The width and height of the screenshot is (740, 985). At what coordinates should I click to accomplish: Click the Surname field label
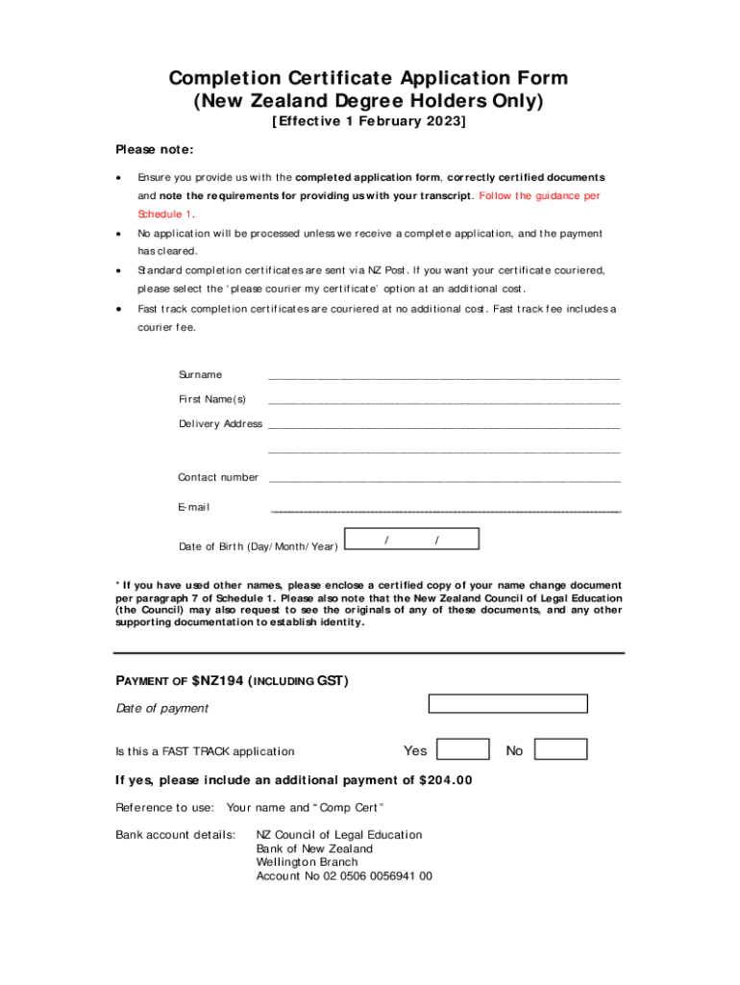pyautogui.click(x=200, y=374)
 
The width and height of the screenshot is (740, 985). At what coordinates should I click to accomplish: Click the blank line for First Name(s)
pyautogui.click(x=444, y=400)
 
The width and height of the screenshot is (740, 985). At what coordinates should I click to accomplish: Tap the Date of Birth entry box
pyautogui.click(x=411, y=540)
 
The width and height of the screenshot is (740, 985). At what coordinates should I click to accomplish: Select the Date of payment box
pyautogui.click(x=507, y=703)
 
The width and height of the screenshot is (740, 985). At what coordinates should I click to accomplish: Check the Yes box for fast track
pyautogui.click(x=462, y=749)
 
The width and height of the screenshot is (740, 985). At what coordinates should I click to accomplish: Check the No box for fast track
pyautogui.click(x=560, y=749)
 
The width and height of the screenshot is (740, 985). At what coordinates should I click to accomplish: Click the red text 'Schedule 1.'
pyautogui.click(x=166, y=214)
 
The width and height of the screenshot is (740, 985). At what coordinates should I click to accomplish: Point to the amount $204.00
pyautogui.click(x=446, y=780)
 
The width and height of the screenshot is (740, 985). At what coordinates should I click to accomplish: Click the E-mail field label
pyautogui.click(x=193, y=507)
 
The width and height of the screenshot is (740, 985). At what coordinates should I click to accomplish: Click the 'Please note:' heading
pyautogui.click(x=155, y=149)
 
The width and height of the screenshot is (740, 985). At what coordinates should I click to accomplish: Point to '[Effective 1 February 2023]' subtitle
pyautogui.click(x=369, y=122)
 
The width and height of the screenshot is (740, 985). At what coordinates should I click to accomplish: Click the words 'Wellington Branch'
pyautogui.click(x=307, y=863)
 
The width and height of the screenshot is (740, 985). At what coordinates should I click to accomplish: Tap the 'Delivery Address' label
pyautogui.click(x=220, y=424)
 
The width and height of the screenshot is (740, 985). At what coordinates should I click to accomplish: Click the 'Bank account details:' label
pyautogui.click(x=175, y=835)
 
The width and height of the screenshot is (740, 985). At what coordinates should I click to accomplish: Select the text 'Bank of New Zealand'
pyautogui.click(x=314, y=848)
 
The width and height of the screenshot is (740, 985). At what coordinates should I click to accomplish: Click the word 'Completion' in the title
pyautogui.click(x=227, y=78)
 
